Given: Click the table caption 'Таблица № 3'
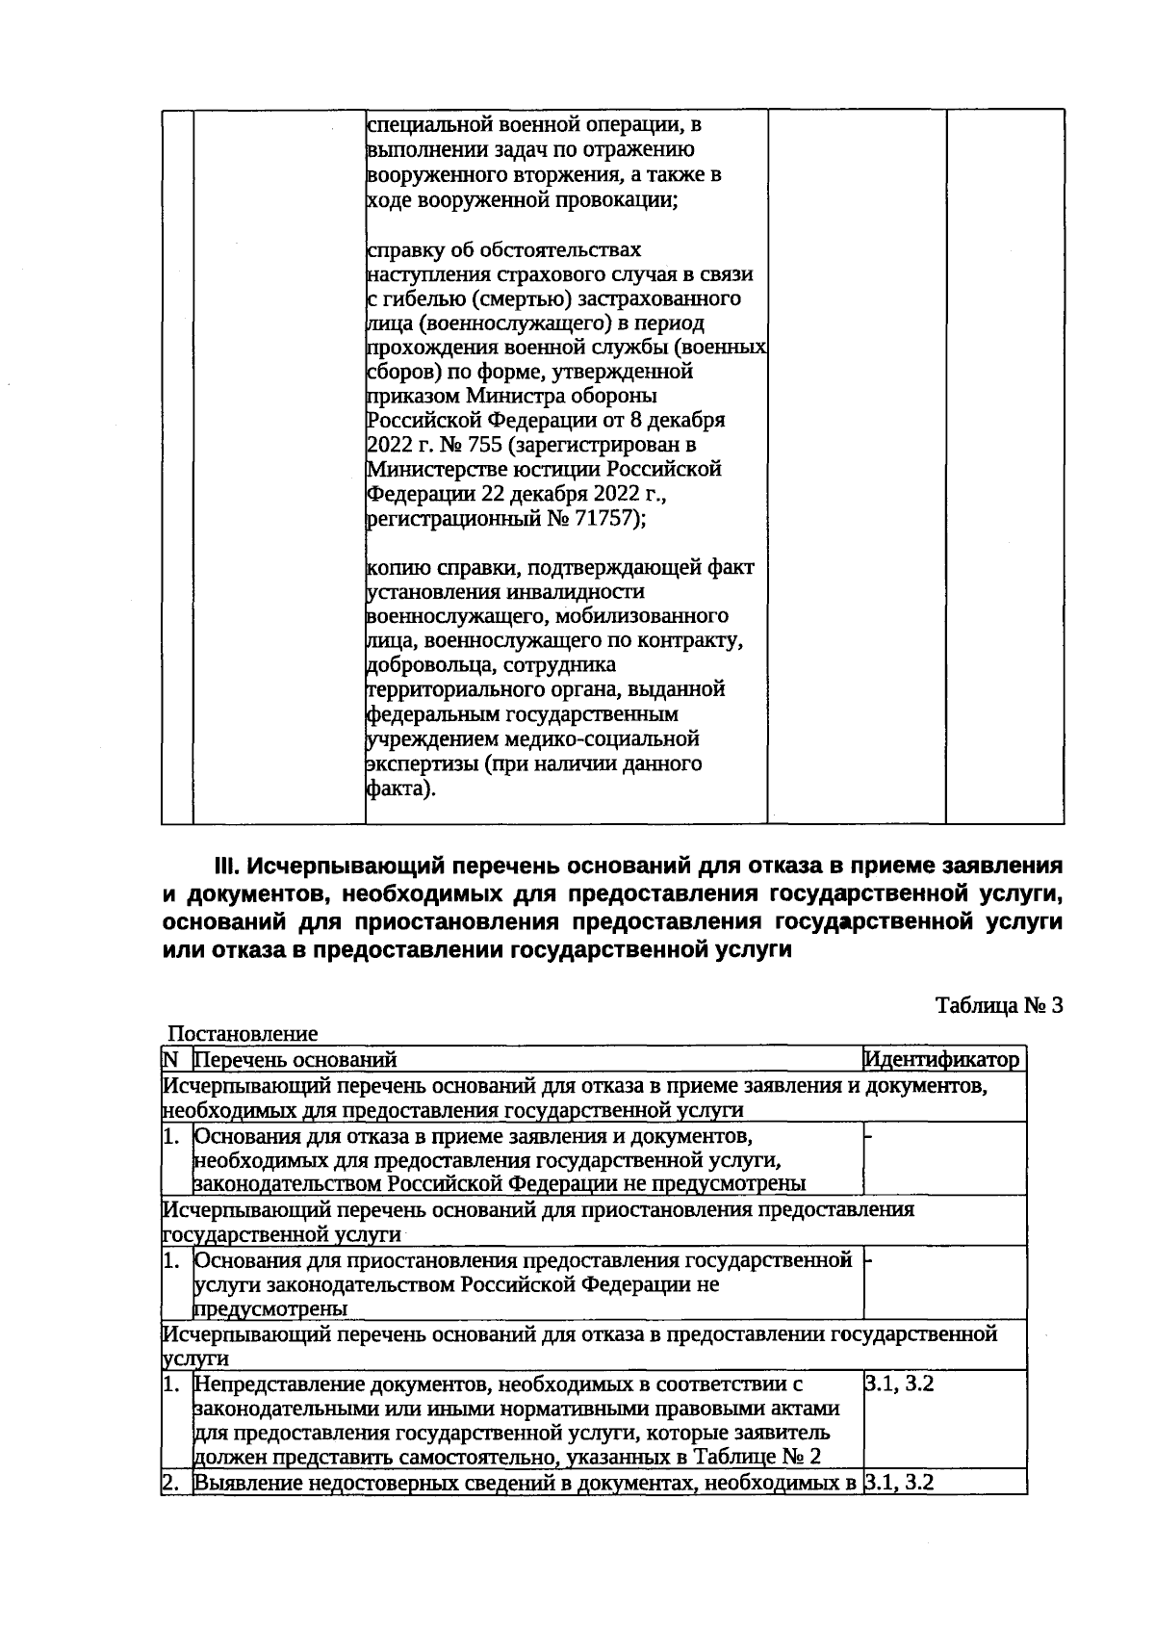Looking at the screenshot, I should coord(999,1006).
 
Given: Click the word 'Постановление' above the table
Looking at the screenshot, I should coord(243,1035).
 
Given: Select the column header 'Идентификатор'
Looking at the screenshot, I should coord(942,1060).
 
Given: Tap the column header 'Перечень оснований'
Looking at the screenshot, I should coord(295,1060).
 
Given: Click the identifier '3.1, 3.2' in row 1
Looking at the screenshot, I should coord(900,1384).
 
